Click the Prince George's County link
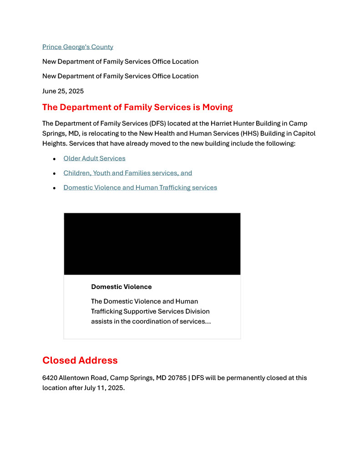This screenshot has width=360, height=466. click(x=78, y=47)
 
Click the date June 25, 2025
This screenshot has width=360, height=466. click(x=63, y=91)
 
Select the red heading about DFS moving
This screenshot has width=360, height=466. click(x=137, y=107)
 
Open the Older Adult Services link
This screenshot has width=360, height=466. click(x=94, y=158)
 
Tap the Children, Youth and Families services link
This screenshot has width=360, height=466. click(x=127, y=173)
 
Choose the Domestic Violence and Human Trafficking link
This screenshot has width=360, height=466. click(x=140, y=187)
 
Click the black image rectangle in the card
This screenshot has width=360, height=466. click(x=152, y=244)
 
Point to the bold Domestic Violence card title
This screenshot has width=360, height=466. click(x=122, y=287)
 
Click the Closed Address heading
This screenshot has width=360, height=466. click(x=80, y=360)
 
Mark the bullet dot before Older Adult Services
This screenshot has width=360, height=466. click(x=54, y=159)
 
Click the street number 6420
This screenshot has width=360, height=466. click(x=50, y=378)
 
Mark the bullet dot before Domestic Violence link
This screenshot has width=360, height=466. click(x=54, y=188)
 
